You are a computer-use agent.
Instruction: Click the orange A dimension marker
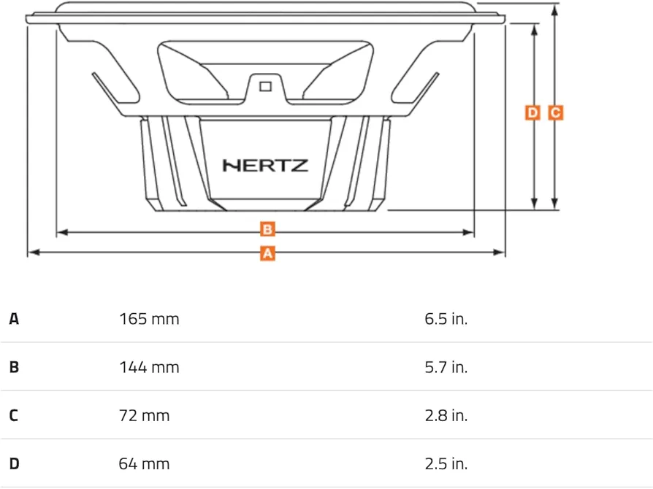point(267,253)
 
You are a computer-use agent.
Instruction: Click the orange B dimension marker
point(267,229)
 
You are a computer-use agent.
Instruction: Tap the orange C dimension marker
point(556,113)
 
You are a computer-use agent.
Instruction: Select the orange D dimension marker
point(532,113)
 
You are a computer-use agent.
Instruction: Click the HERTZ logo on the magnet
point(265,166)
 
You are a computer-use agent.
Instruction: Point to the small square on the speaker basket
point(265,87)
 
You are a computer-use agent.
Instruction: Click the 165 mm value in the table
point(149,319)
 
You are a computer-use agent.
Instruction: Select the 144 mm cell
point(149,367)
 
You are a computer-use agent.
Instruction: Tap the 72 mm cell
point(144,416)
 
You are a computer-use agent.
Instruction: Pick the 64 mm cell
point(144,464)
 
